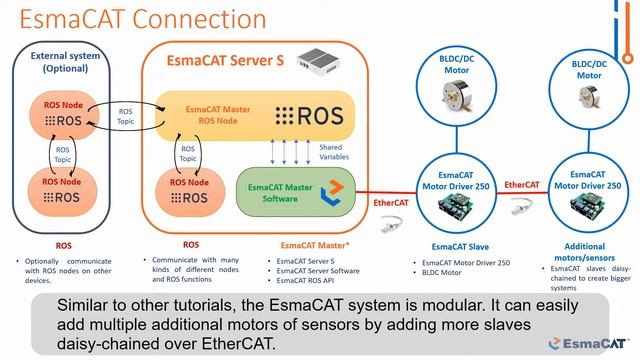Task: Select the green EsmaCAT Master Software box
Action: [294, 192]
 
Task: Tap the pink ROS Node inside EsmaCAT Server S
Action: [191, 191]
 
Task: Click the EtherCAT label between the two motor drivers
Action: [521, 185]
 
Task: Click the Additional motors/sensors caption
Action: [585, 252]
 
